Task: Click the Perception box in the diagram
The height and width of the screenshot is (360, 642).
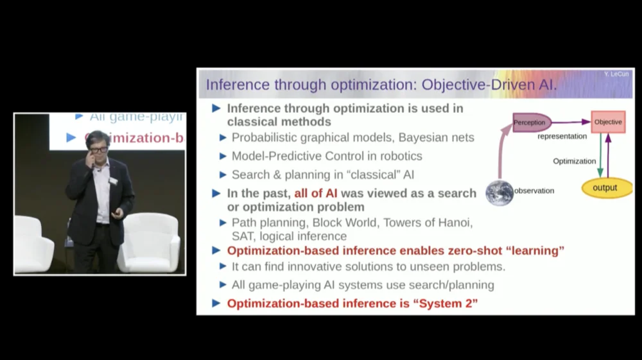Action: click(531, 122)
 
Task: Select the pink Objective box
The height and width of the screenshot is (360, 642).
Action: click(607, 122)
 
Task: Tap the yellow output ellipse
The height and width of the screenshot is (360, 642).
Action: click(605, 188)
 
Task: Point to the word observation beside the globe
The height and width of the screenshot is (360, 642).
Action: click(534, 191)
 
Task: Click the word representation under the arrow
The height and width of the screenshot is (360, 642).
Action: click(562, 136)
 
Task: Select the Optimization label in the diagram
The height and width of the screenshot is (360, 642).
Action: click(574, 161)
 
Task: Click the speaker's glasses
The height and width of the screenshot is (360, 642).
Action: click(98, 150)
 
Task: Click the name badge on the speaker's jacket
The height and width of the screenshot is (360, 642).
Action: click(114, 180)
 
